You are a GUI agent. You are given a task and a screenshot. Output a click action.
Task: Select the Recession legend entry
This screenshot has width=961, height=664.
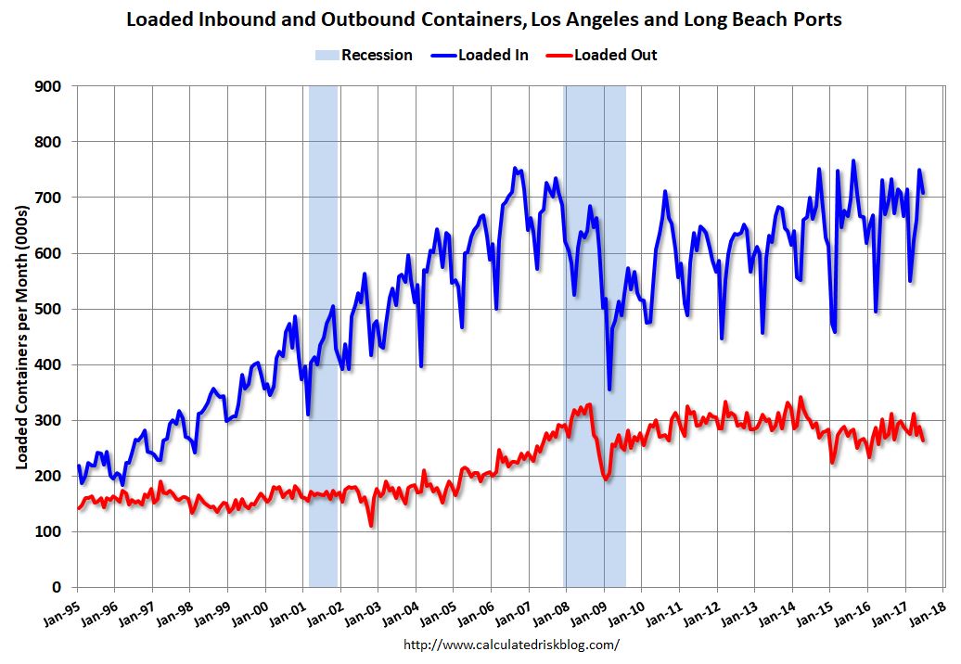pos(363,55)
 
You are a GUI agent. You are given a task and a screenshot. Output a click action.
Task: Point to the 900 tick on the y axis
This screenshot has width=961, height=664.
pos(49,86)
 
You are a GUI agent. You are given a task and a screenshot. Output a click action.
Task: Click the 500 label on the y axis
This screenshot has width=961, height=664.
pos(49,309)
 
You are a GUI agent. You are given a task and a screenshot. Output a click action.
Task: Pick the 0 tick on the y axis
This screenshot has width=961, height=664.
pos(57,587)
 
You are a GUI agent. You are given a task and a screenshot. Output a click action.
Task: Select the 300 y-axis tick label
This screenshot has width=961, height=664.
pos(49,420)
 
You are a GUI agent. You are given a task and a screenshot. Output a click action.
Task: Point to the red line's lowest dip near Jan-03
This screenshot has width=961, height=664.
pos(371,526)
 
